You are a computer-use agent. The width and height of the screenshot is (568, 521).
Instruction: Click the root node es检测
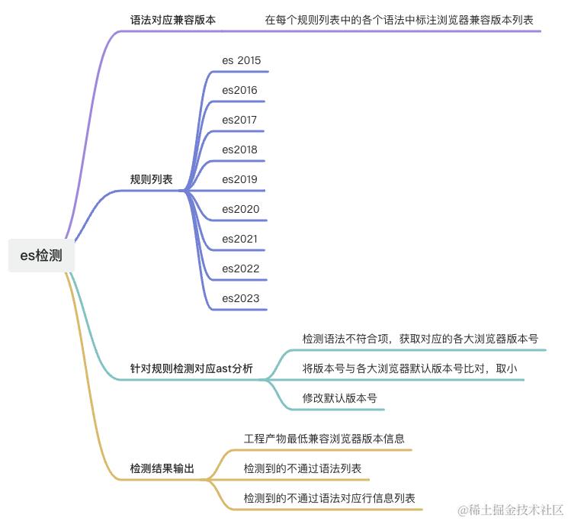[41, 256]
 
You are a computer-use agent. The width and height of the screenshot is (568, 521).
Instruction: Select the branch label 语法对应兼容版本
[173, 20]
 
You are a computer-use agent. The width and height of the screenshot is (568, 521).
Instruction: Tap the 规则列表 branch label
[151, 180]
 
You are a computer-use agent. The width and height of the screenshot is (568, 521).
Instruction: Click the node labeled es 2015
[242, 60]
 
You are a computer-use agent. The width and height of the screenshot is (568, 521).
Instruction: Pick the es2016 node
[239, 90]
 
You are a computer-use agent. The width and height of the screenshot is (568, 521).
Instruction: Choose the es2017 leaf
[239, 120]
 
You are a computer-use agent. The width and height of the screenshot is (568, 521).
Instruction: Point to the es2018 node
[239, 150]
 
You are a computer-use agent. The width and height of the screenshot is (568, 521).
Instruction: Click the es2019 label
[239, 179]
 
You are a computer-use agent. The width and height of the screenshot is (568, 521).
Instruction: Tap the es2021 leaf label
[239, 239]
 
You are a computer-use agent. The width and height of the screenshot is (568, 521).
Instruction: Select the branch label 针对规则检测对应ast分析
[191, 368]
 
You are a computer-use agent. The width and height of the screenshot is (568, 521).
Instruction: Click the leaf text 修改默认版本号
[339, 398]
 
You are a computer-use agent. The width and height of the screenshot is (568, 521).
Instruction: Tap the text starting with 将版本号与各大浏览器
[409, 368]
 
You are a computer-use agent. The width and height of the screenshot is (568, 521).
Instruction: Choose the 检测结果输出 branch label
[162, 468]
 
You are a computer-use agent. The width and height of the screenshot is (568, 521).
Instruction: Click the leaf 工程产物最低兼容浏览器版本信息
[324, 439]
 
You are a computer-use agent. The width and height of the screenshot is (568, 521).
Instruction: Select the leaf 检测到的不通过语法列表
[303, 468]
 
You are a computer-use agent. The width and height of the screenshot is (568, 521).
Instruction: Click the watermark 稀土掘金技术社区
[510, 509]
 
